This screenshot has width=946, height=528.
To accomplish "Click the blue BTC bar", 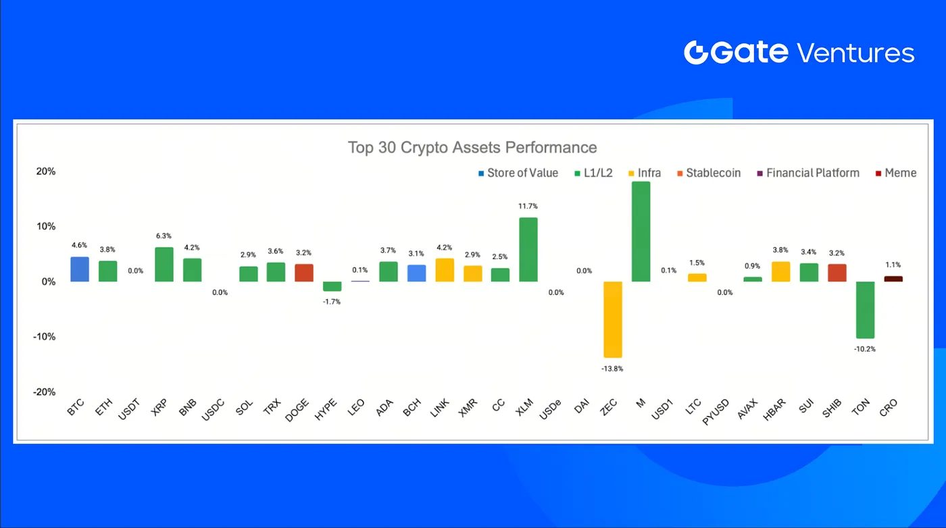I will coord(79,269).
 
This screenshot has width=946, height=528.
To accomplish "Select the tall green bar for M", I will coord(641,232).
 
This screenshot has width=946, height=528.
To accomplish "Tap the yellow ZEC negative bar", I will coord(612,319).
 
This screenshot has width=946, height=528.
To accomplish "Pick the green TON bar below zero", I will coord(865,310).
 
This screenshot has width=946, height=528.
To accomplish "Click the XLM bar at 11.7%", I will coord(528,249).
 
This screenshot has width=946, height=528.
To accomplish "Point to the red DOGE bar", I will coord(303,273).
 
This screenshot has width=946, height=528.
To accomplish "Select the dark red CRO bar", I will coord(893,279).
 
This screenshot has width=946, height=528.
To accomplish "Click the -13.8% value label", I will coord(612,369).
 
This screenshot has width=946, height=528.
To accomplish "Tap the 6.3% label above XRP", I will coord(164,236).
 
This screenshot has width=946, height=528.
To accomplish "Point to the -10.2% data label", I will coord(865,349).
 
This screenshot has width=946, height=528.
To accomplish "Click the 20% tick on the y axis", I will coord(45,171).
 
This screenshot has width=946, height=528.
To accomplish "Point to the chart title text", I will coord(472,147).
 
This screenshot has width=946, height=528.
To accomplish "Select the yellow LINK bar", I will coord(444,270).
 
